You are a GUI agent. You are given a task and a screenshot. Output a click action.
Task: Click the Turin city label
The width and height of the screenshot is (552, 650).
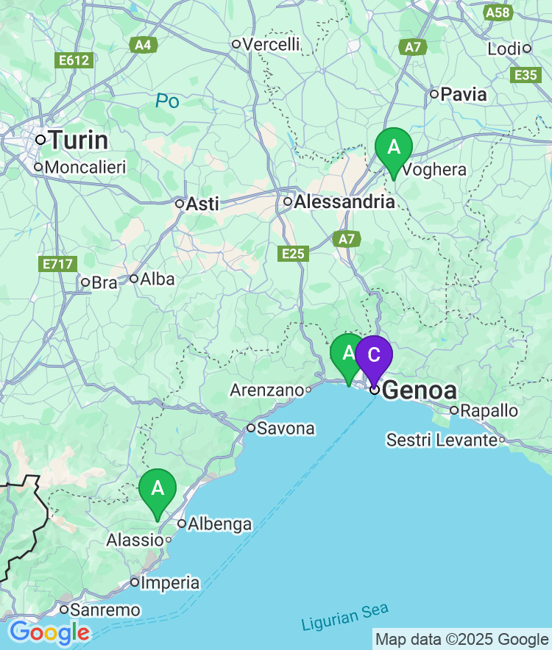pyautogui.click(x=77, y=140)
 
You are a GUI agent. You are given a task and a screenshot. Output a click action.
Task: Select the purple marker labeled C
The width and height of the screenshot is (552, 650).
pyautogui.click(x=374, y=355)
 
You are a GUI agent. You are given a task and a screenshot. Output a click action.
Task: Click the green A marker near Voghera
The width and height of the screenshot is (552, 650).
pyautogui.click(x=394, y=147)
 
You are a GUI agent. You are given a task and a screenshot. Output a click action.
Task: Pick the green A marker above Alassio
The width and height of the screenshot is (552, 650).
pyautogui.click(x=158, y=488)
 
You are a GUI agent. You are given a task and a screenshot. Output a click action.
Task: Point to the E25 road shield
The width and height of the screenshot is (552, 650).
pyautogui.click(x=293, y=254)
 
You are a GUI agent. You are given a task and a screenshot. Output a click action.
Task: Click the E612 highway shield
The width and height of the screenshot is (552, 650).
pyautogui.click(x=74, y=60)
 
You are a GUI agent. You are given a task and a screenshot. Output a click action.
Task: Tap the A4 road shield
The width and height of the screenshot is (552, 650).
pyautogui.click(x=143, y=46)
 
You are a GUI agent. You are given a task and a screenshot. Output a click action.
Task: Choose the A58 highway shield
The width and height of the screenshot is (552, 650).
pyautogui.click(x=498, y=12)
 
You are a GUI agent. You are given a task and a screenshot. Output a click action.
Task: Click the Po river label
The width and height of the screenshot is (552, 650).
pyautogui.click(x=167, y=101)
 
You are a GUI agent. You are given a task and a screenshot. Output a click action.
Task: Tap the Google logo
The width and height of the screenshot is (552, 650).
pyautogui.click(x=49, y=632)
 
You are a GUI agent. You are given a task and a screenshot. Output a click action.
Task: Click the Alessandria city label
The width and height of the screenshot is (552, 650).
pyautogui.click(x=344, y=201)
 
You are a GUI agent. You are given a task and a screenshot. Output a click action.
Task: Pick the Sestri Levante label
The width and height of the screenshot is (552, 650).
pyautogui.click(x=442, y=440)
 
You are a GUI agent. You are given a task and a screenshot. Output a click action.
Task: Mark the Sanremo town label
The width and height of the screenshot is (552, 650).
pyautogui.click(x=105, y=610)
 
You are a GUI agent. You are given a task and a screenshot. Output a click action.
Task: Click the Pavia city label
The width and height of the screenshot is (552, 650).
pyautogui.click(x=464, y=94)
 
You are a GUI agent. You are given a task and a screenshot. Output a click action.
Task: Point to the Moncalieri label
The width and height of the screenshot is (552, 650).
pyautogui.click(x=85, y=167)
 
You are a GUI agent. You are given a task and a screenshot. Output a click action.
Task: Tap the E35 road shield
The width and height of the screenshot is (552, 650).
pyautogui.click(x=526, y=75)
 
